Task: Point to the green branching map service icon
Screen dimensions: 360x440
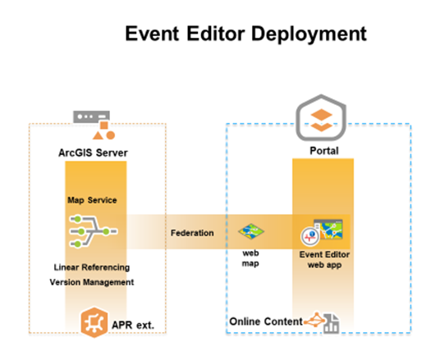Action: [x=93, y=232]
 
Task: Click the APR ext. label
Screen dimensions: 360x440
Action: [x=132, y=326]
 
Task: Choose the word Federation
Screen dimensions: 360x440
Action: [x=192, y=233]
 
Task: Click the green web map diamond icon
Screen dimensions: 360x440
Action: [x=251, y=232]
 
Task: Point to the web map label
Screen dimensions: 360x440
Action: [x=250, y=258]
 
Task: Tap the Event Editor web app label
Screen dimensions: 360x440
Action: [x=324, y=260]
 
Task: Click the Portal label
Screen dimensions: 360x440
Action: [x=323, y=151]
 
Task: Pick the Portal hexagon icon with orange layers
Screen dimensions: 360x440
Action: [x=323, y=116]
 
